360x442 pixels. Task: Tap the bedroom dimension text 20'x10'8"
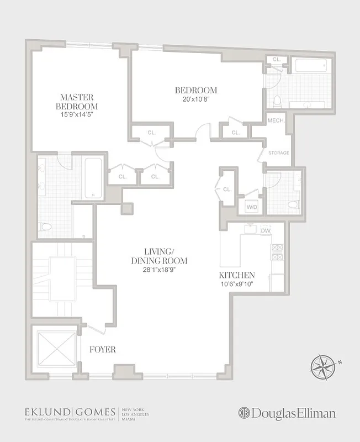click(196, 99)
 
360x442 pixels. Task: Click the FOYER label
click(102, 349)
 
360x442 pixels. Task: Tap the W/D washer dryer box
click(251, 207)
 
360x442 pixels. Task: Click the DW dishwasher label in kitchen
click(265, 230)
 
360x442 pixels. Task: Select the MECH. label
click(275, 120)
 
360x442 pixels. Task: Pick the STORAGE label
click(278, 152)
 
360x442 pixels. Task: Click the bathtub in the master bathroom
click(93, 178)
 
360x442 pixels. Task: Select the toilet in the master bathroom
click(45, 227)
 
